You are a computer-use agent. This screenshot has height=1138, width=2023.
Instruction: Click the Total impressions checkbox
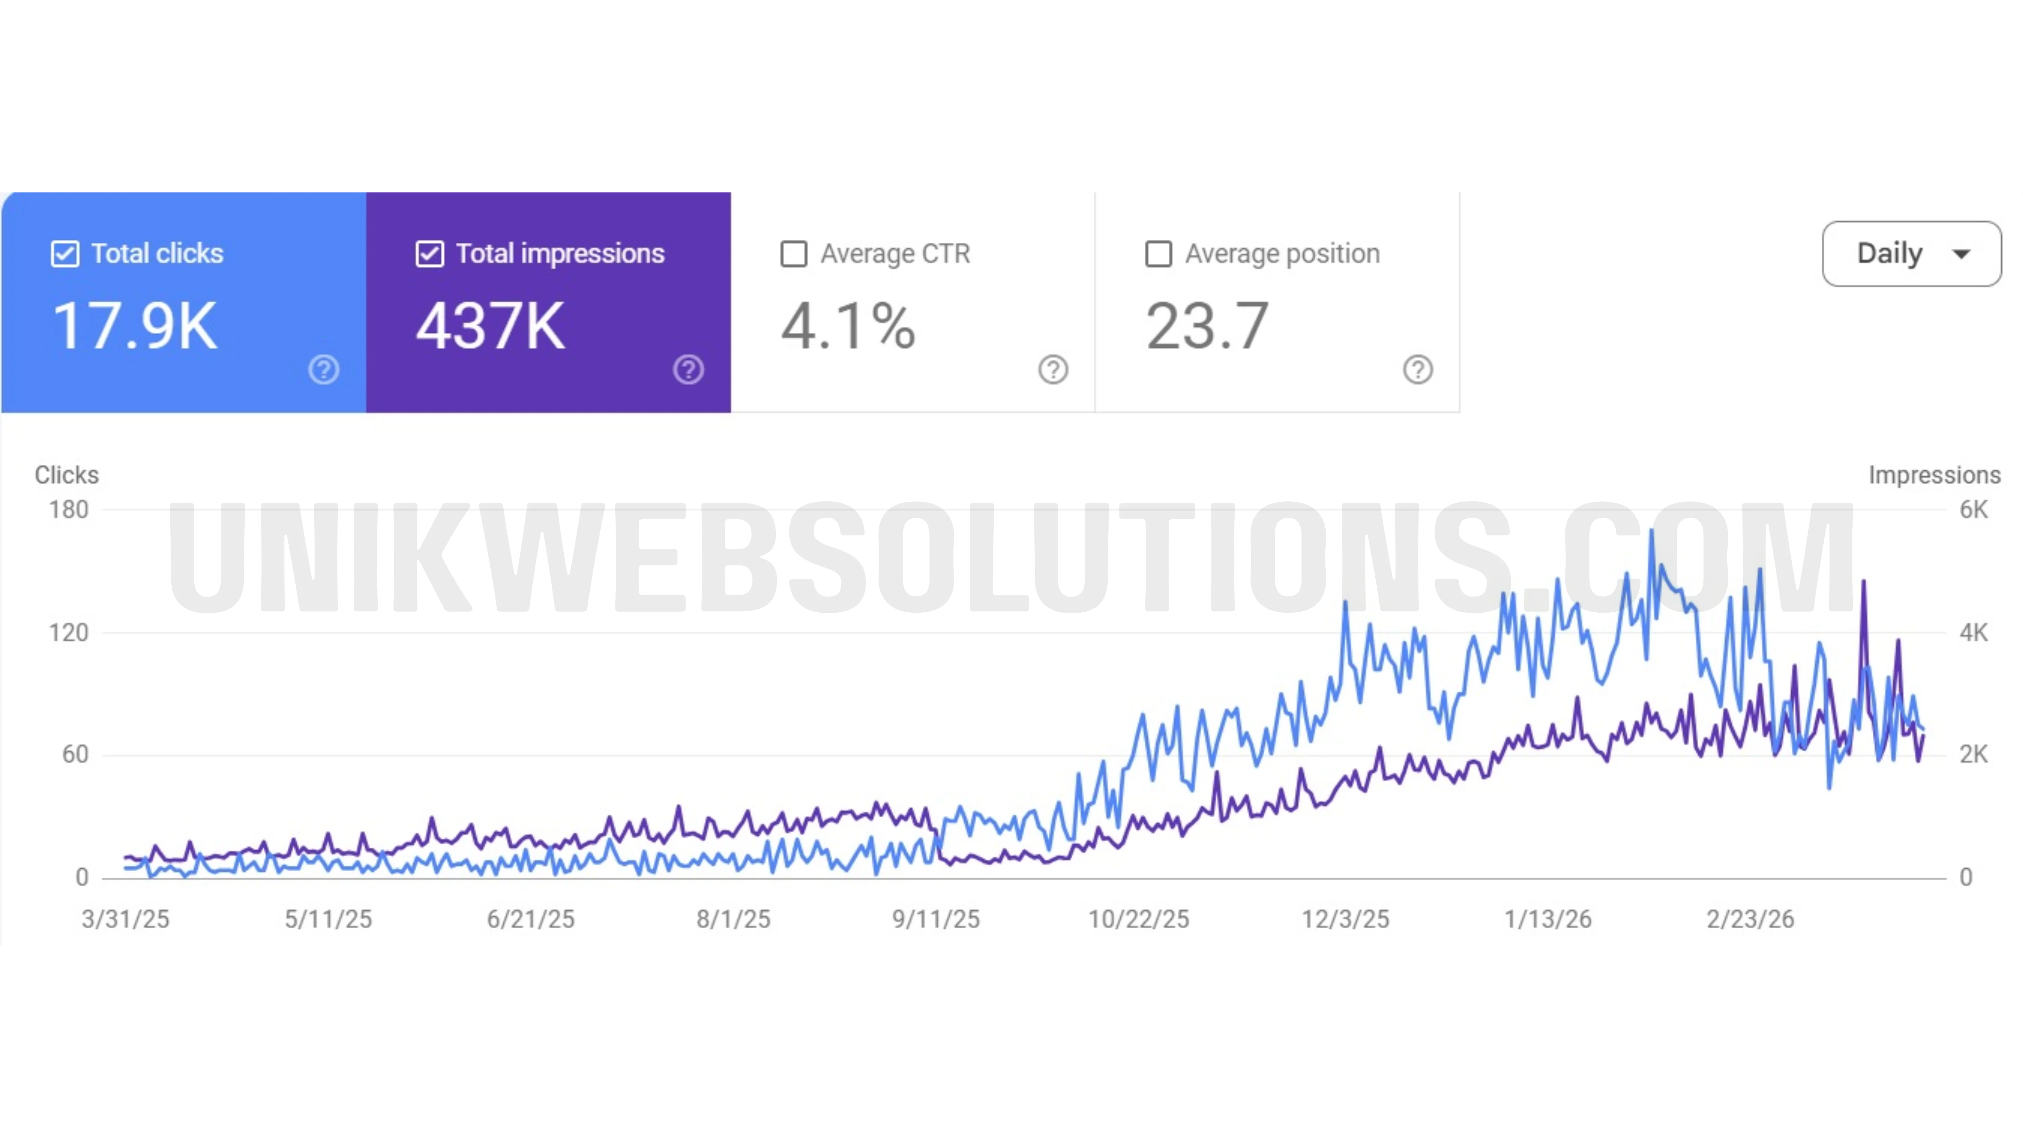(430, 254)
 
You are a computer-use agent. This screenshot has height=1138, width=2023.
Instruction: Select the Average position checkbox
(1159, 254)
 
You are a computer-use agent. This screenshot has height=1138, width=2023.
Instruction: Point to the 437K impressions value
(490, 326)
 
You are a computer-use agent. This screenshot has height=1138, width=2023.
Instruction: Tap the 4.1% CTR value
(848, 326)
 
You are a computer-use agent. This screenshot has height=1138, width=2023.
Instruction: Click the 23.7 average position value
(1207, 326)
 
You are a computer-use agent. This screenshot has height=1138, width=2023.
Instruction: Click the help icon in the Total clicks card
(324, 369)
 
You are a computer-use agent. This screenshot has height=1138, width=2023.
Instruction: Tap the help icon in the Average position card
(1417, 369)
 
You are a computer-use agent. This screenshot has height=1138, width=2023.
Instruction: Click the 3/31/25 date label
(126, 919)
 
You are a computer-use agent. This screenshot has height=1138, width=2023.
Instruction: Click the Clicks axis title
(67, 475)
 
